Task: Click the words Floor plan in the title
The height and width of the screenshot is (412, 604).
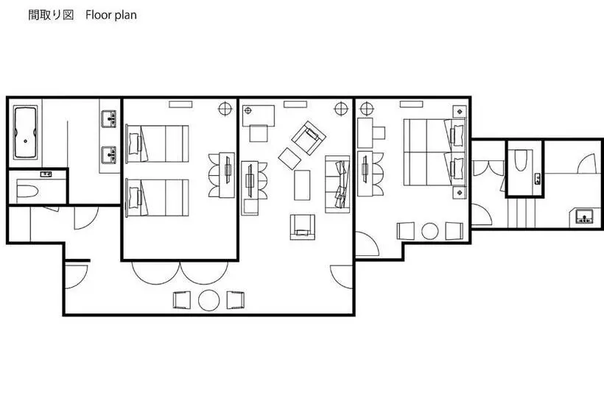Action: [111, 15]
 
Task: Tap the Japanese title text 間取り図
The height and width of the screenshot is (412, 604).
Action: [51, 15]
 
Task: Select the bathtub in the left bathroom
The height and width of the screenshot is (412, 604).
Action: [26, 132]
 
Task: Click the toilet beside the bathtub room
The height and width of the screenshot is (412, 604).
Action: [27, 191]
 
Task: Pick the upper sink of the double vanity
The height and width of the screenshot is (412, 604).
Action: [108, 118]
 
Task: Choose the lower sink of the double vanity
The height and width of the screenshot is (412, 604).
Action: [108, 154]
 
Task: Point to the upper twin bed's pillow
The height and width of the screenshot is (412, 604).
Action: [134, 143]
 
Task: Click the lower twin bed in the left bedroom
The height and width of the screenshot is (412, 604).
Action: [158, 198]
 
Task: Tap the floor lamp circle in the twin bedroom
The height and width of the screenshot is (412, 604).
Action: [225, 109]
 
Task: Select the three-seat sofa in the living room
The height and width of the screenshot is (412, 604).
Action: [337, 184]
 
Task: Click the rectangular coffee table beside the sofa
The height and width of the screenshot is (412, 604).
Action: [302, 185]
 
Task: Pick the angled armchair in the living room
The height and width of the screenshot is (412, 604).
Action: [309, 138]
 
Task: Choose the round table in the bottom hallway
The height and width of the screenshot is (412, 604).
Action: [208, 300]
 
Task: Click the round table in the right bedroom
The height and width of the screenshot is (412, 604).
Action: [430, 231]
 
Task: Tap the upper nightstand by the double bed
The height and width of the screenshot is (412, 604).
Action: [460, 112]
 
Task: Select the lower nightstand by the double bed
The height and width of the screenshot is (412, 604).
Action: [460, 191]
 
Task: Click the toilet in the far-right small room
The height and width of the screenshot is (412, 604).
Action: [521, 160]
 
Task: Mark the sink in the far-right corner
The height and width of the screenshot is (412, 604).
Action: [584, 216]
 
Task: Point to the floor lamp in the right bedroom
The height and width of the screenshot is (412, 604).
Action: [367, 109]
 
